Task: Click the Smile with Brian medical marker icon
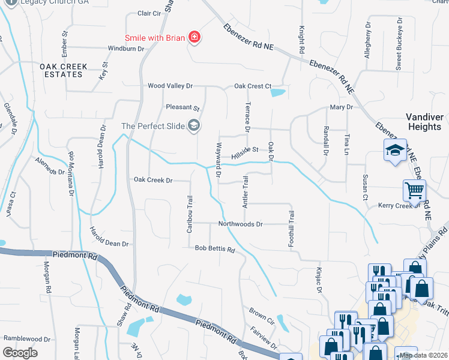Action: pyautogui.click(x=194, y=38)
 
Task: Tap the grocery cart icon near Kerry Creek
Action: pyautogui.click(x=414, y=191)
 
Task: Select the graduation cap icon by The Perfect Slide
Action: pyautogui.click(x=194, y=125)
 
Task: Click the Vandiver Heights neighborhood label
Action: pyautogui.click(x=423, y=122)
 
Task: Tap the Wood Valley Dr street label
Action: pyautogui.click(x=170, y=86)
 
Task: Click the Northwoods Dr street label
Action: pyautogui.click(x=240, y=224)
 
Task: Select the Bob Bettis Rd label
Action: pyautogui.click(x=214, y=248)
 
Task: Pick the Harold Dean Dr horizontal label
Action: pyautogui.click(x=109, y=244)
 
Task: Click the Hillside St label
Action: pyautogui.click(x=245, y=149)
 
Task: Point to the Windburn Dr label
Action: pyautogui.click(x=126, y=49)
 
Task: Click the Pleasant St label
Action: pyautogui.click(x=182, y=108)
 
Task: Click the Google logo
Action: pyautogui.click(x=20, y=353)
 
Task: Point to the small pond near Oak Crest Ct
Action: pyautogui.click(x=278, y=92)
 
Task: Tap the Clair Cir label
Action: pyautogui.click(x=149, y=13)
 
